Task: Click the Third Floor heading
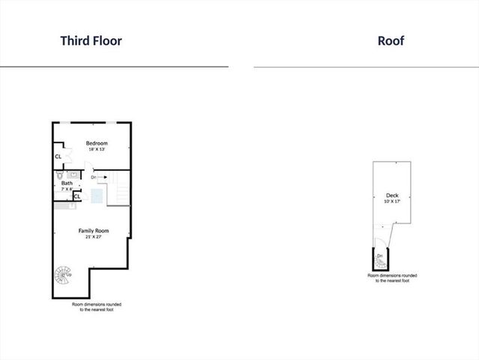(x=91, y=40)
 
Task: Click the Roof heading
(x=391, y=40)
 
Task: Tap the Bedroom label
(x=97, y=143)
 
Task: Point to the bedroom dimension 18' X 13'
(x=97, y=150)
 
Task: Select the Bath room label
(x=67, y=183)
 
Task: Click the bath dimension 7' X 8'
(x=67, y=189)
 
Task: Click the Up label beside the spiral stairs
(x=70, y=274)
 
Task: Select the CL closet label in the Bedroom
(x=58, y=157)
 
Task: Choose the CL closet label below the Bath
(x=77, y=196)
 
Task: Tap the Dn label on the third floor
(x=94, y=178)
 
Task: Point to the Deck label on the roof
(x=382, y=196)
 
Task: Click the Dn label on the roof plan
(x=380, y=256)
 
